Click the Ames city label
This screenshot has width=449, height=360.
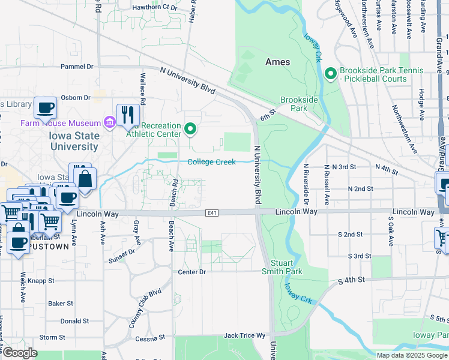pos(277,62)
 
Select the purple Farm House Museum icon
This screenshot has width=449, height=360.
pos(110,123)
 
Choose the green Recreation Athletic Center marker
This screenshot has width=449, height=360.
pos(190,129)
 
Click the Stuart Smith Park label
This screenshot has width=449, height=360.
pos(282,267)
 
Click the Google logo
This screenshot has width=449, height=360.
pos(20,353)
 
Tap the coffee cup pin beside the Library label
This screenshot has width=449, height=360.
pos(45,108)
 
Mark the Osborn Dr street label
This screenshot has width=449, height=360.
pos(75,97)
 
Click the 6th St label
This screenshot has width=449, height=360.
pos(267,112)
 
